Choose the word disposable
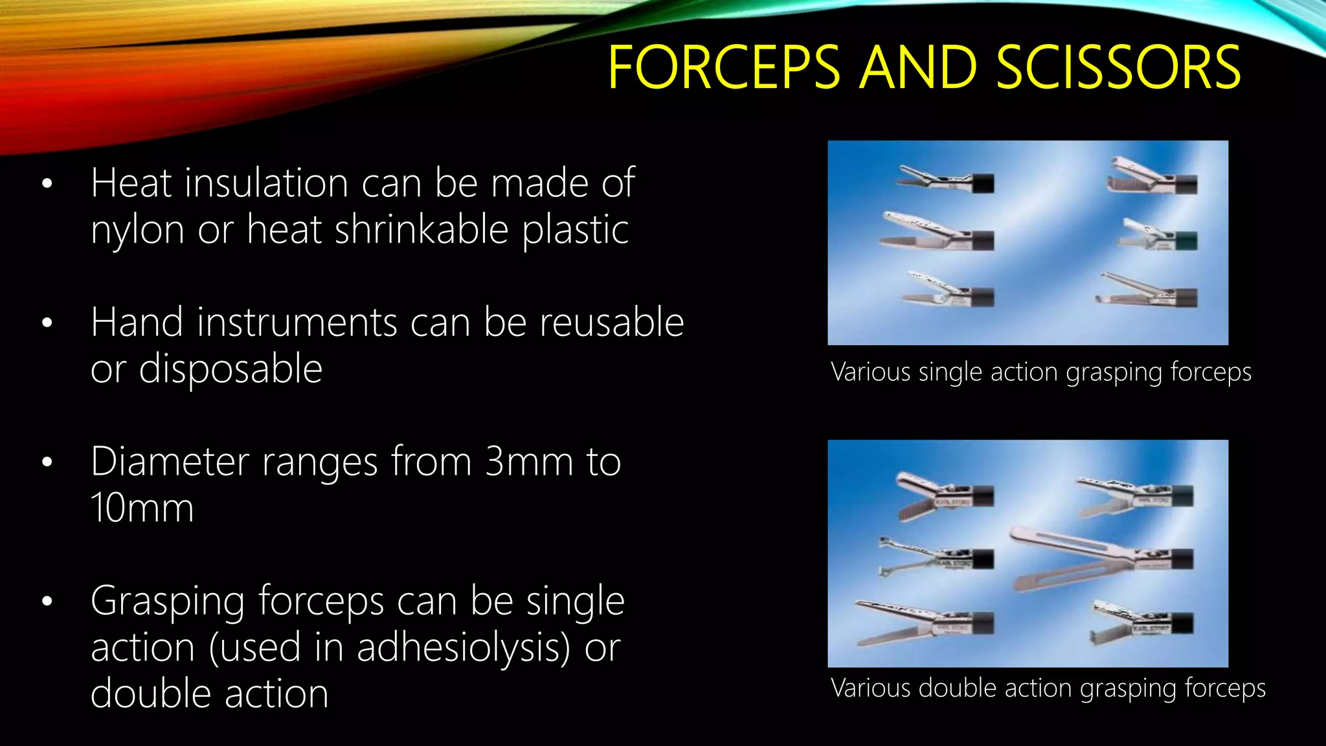pyautogui.click(x=230, y=369)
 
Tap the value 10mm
pyautogui.click(x=142, y=508)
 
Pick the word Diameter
pyautogui.click(x=170, y=462)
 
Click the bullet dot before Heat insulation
pyautogui.click(x=47, y=184)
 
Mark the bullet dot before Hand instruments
pyautogui.click(x=47, y=322)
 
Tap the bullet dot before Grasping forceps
pyautogui.click(x=47, y=602)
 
